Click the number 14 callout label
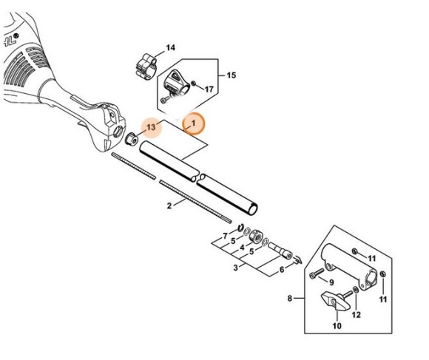tap(170, 48)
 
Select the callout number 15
tap(232, 75)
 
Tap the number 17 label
tap(209, 89)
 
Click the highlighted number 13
tap(151, 127)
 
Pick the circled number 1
tap(194, 123)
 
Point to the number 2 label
tap(169, 206)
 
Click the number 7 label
tap(225, 236)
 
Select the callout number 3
tap(236, 268)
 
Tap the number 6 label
tap(282, 270)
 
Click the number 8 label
tap(290, 298)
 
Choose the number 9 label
tap(331, 282)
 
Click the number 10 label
tap(337, 326)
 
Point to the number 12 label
tap(357, 315)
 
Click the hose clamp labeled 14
tap(146, 67)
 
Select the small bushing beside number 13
tap(131, 139)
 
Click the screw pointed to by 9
tap(317, 274)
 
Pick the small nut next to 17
tap(194, 83)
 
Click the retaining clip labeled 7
tap(241, 227)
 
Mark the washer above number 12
tap(356, 290)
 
